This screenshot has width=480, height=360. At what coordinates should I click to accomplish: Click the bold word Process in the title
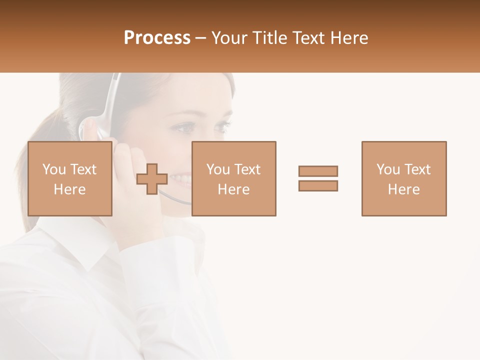[x=157, y=38]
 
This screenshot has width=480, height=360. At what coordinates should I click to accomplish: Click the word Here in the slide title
[x=349, y=38]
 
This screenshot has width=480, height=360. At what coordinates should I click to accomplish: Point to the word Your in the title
[x=229, y=38]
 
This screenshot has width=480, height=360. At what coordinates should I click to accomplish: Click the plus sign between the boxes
[x=152, y=179]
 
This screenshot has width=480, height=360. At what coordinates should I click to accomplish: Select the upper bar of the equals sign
[x=318, y=171]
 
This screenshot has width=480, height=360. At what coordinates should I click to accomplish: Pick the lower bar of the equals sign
[x=318, y=185]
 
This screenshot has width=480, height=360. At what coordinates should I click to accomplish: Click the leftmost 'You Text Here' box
[x=69, y=178]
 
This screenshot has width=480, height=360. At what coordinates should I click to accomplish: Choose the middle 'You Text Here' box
[x=233, y=178]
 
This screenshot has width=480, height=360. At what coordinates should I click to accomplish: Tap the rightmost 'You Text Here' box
[x=403, y=178]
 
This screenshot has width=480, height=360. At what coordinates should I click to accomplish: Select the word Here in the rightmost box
[x=403, y=189]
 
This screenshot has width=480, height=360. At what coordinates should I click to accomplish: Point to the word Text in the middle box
[x=248, y=169]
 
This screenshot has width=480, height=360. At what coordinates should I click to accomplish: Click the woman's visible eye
[x=185, y=128]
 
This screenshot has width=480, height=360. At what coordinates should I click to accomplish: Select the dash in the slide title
[x=200, y=38]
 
